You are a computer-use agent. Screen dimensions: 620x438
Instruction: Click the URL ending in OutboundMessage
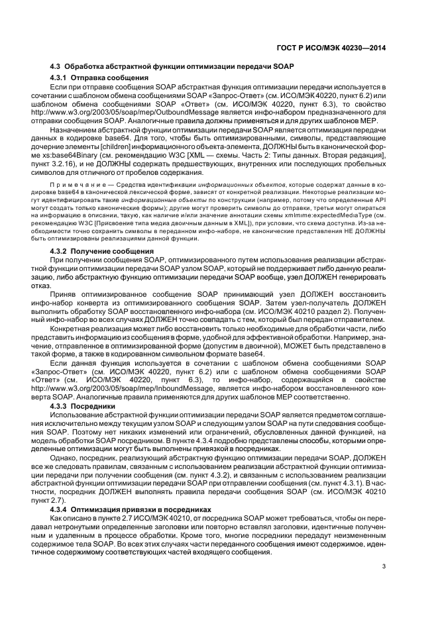[137, 113]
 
